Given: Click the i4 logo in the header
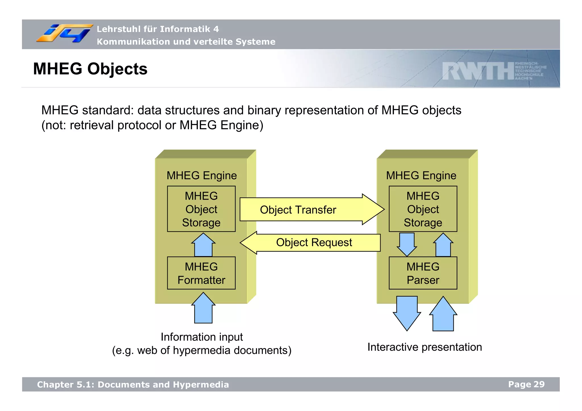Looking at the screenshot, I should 64,34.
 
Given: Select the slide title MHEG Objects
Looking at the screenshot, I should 90,69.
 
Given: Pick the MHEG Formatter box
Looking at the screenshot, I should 201,273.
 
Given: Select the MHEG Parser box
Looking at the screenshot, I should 423,273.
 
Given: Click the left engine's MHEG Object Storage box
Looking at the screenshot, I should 201,209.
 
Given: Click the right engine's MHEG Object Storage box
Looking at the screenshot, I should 423,209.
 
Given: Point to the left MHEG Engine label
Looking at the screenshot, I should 201,176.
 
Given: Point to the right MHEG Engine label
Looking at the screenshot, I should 421,176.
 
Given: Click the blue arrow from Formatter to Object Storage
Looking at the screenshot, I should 203,245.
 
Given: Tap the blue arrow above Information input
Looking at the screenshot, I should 203,308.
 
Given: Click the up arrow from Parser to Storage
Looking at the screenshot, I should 443,245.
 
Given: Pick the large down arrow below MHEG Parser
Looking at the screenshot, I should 407,312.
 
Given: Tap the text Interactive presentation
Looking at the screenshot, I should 425,347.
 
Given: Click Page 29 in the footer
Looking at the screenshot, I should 526,384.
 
